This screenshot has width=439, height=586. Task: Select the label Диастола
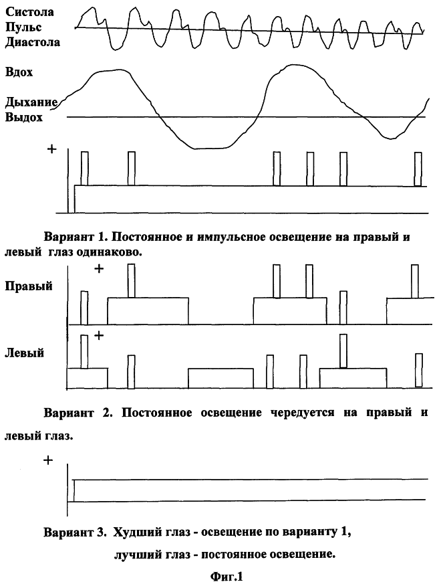pos(32,42)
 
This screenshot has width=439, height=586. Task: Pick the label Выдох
pos(24,117)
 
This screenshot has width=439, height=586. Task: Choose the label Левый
pos(25,352)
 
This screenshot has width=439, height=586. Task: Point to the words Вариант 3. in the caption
pos(74,533)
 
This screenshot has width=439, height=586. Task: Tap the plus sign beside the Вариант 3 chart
pos(47,461)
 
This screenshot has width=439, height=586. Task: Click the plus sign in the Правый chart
pos(99,269)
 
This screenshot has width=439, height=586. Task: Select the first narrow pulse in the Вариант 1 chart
pos(85,169)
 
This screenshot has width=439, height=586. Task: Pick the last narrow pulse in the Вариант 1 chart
pos(418,169)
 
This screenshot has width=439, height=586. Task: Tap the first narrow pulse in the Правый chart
pos(84,308)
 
